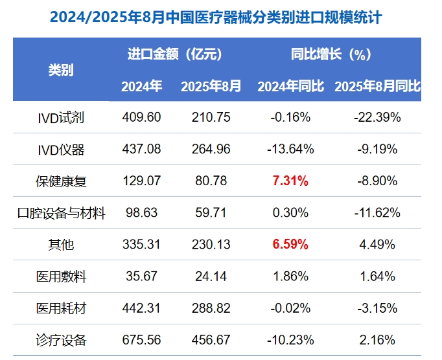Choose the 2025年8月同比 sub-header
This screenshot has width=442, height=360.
[x=377, y=86]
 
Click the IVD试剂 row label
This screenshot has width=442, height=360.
[x=61, y=118]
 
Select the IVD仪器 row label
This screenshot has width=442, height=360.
[x=61, y=150]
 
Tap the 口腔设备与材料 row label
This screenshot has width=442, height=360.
[x=61, y=213]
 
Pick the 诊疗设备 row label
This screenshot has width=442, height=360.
[x=61, y=340]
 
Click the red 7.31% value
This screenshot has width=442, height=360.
[x=290, y=181]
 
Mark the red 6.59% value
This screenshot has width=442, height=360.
[x=290, y=245]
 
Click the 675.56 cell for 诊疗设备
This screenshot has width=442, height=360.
[x=141, y=340]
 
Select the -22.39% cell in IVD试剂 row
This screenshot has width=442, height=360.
[x=377, y=118]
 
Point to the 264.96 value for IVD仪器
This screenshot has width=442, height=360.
[x=211, y=150]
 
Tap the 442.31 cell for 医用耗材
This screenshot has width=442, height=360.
[x=141, y=308]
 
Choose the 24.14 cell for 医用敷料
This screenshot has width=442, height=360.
[x=211, y=276]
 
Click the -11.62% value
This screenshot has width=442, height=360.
[x=377, y=213]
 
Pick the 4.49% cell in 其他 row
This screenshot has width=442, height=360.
[x=377, y=245]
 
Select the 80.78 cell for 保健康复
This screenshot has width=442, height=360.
[x=211, y=181]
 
